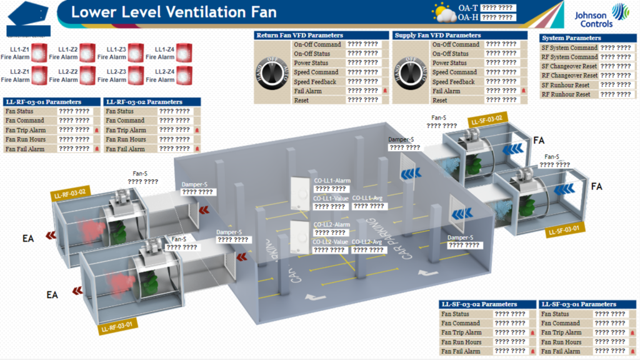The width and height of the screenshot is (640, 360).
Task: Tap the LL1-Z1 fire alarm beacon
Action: [41, 52]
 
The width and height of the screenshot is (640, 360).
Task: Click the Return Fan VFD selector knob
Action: [272, 72]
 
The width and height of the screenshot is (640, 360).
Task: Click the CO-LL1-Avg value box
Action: [368, 206]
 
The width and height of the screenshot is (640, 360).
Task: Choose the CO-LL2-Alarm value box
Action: [331, 232]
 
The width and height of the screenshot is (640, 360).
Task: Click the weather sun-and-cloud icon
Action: [443, 12]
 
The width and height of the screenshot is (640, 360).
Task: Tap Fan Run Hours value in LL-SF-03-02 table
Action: [509, 342]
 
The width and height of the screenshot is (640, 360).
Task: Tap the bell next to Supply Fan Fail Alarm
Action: [524, 91]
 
